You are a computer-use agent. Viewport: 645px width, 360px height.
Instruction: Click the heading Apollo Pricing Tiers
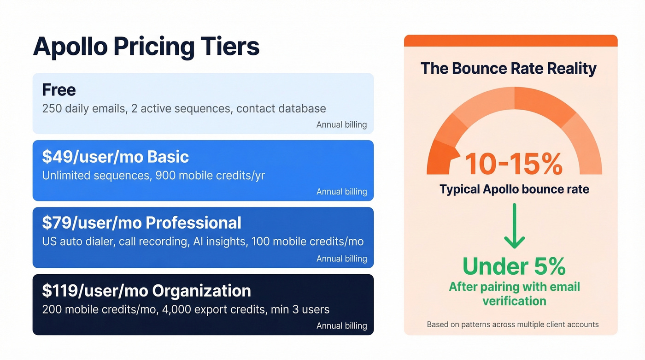(146, 47)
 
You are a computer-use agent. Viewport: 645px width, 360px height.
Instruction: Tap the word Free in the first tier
(59, 90)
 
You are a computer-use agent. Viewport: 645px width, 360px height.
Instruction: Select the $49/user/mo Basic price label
(115, 157)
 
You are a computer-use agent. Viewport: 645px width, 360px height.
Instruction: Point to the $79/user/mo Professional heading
(141, 223)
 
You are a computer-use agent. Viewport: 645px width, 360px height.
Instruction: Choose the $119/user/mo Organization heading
(146, 291)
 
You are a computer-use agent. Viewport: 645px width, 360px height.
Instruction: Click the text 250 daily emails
(81, 109)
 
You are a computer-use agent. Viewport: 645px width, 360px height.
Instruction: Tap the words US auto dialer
(77, 242)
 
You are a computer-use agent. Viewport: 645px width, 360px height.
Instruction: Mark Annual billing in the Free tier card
(341, 124)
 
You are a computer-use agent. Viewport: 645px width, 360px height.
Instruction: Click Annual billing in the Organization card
(341, 325)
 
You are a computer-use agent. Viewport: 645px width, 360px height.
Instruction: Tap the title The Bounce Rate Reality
(508, 68)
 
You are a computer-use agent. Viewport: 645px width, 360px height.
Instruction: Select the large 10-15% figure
(513, 164)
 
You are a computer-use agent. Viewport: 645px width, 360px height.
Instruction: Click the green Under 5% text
(514, 266)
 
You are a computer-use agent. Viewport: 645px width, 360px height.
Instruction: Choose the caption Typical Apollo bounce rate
(514, 189)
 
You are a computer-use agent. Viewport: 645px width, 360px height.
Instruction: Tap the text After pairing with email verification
(514, 294)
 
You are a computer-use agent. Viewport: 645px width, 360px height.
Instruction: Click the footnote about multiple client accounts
(512, 325)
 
